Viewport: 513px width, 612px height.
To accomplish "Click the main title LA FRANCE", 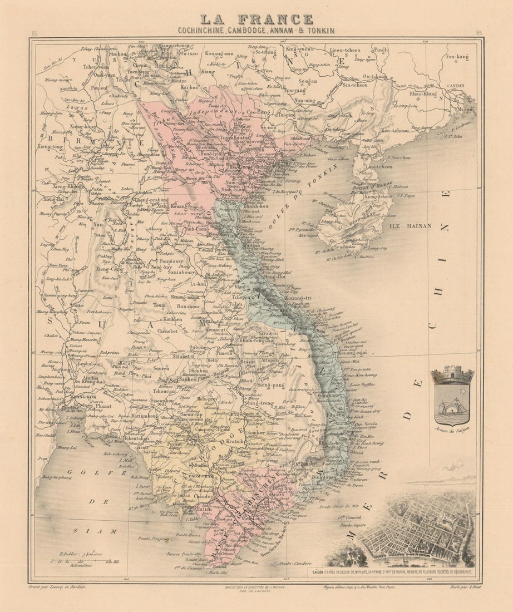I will coord(256,19).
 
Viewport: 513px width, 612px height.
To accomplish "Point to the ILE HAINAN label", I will coord(411,226).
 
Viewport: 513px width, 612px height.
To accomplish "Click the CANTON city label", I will coord(456,85).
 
